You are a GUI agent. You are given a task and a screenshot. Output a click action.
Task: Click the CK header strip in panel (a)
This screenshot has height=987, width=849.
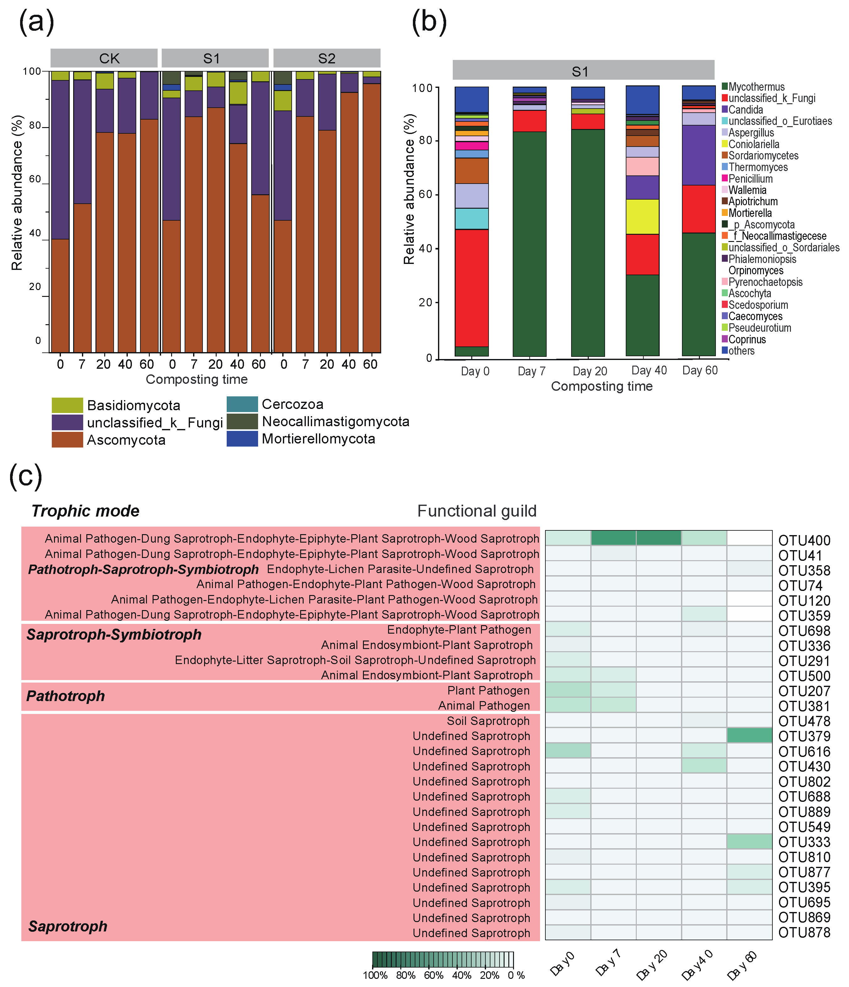click(104, 58)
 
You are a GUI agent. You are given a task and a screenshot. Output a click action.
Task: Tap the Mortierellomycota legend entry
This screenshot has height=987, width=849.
click(318, 439)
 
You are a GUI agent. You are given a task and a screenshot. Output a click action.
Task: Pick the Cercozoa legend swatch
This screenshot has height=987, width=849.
click(242, 404)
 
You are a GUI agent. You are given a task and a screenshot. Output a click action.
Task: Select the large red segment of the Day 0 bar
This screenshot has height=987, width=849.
click(472, 288)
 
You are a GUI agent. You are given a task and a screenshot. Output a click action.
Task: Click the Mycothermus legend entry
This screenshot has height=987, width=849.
click(756, 87)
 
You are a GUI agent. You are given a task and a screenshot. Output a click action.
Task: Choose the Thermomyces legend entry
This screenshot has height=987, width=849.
click(758, 167)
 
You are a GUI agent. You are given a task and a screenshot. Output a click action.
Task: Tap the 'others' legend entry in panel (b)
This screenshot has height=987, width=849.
click(741, 351)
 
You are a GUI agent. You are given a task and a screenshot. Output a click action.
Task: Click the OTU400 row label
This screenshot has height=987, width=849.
click(804, 540)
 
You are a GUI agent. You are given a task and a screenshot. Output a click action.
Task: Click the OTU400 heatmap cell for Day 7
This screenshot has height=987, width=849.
click(614, 538)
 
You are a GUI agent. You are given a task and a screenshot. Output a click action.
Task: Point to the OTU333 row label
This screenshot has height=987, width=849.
click(804, 842)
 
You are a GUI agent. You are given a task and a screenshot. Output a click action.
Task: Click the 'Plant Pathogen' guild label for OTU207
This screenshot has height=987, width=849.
click(488, 690)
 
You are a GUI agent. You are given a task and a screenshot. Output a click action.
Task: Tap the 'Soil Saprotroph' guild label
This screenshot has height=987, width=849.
click(488, 721)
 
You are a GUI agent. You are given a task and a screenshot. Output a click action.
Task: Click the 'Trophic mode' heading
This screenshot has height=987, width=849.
click(85, 511)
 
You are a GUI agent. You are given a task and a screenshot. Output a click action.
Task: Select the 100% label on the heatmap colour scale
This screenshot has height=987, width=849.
click(375, 975)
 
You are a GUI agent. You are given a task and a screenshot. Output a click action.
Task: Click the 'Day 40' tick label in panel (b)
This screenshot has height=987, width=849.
click(649, 370)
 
